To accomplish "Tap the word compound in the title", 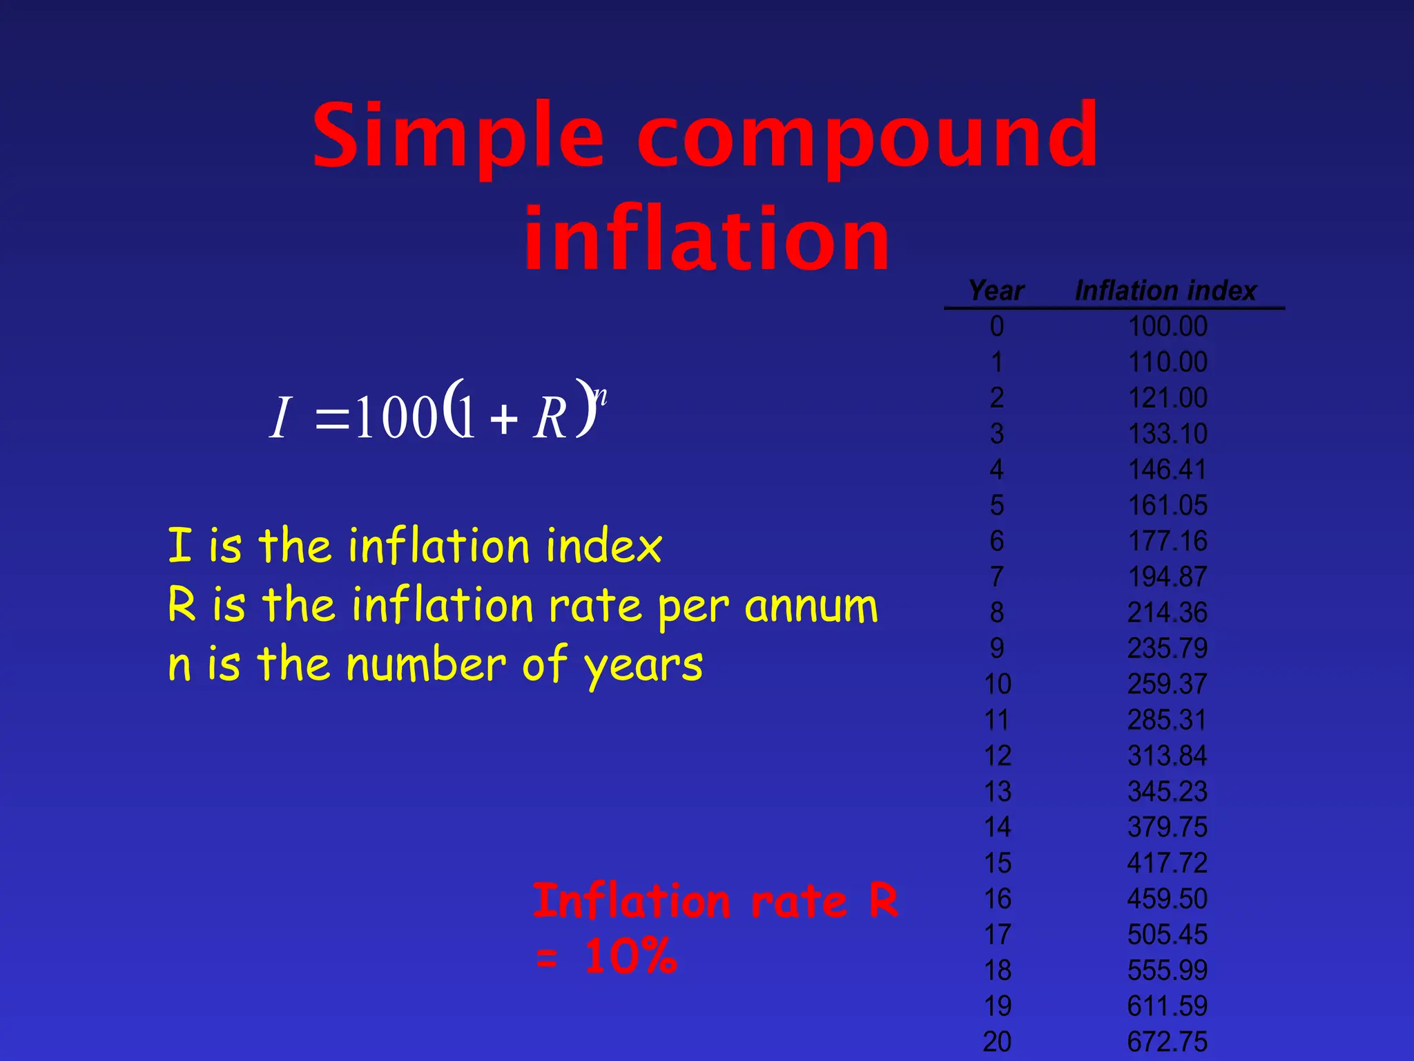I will [x=867, y=136].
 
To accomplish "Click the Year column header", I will [x=996, y=291].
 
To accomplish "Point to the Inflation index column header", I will [x=1166, y=291].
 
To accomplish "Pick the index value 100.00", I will [x=1168, y=327].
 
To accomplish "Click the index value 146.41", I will [x=1168, y=470].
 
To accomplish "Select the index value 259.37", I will [x=1168, y=685].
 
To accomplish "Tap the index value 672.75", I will [x=1168, y=1042].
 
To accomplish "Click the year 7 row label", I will [x=997, y=577].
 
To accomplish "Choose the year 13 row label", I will [x=998, y=792].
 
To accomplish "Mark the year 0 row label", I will [x=997, y=327].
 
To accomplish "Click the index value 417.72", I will [x=1168, y=863].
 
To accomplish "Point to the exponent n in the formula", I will [x=601, y=396].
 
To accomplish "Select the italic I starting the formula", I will [x=280, y=418].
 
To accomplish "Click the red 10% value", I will [x=630, y=957].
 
